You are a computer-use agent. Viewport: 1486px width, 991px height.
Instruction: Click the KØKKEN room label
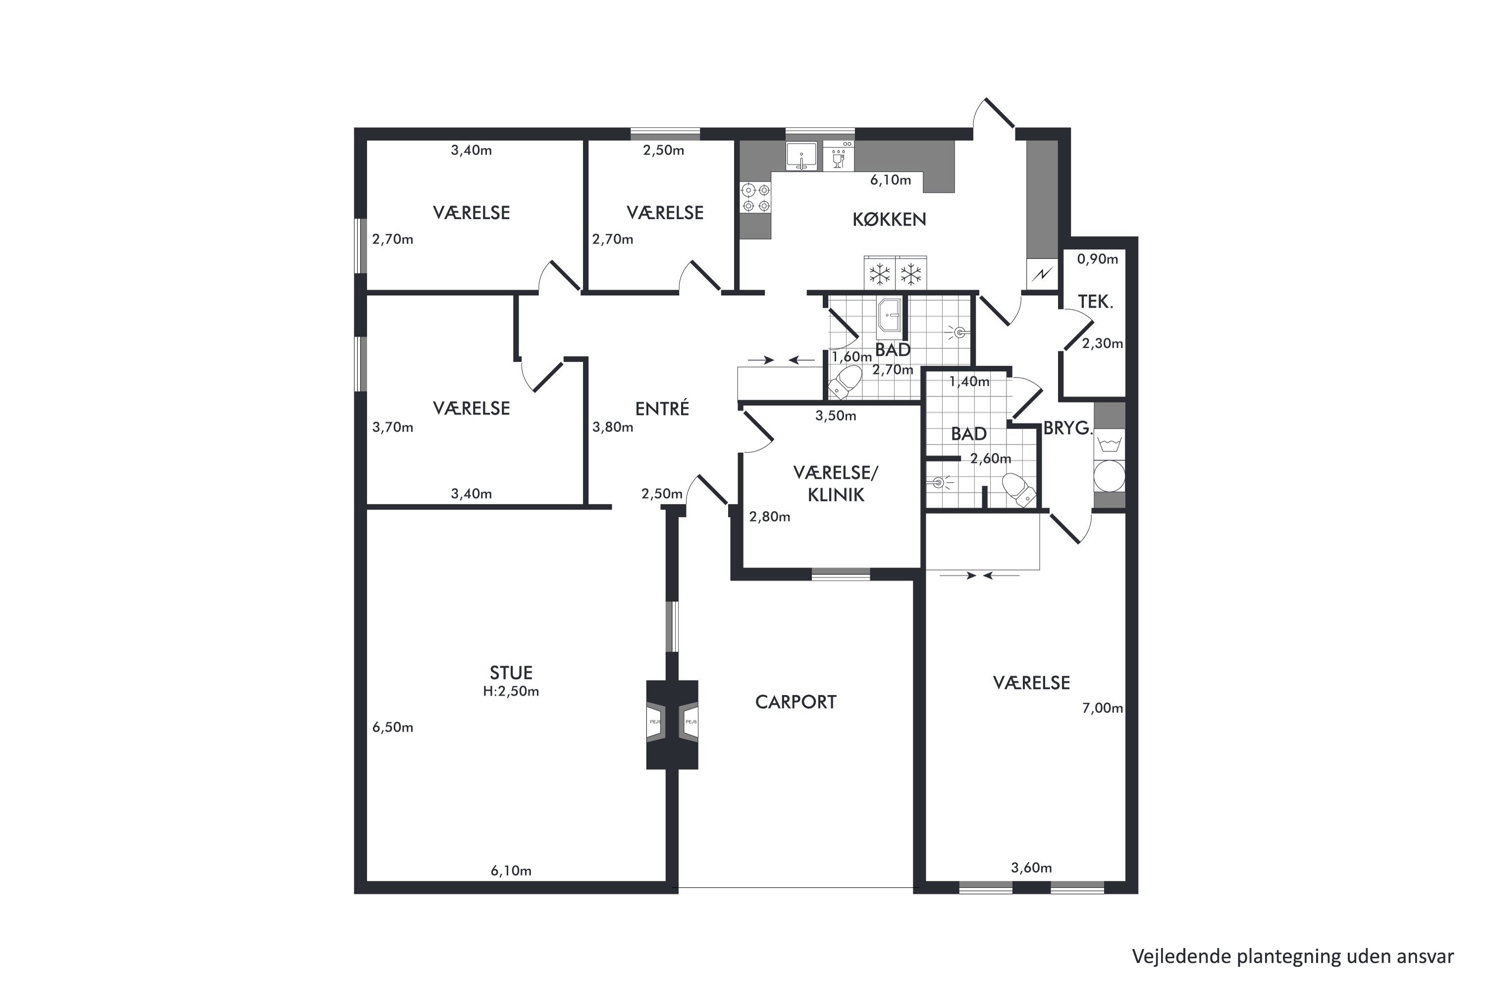889,220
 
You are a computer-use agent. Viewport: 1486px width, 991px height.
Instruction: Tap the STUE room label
511,672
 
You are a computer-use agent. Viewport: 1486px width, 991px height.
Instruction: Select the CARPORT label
796,702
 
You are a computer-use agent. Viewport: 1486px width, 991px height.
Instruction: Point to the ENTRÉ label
662,408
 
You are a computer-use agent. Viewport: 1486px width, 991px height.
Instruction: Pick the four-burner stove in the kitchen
756,197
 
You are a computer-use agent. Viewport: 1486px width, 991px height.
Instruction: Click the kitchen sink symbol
801,156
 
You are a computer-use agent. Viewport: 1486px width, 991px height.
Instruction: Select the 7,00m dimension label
1103,708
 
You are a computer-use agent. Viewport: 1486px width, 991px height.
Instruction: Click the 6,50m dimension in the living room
392,727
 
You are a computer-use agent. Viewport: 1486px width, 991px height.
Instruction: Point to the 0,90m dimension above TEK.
1098,259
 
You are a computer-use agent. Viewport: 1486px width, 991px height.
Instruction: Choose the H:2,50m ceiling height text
511,691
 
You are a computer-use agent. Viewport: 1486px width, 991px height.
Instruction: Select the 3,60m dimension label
1032,868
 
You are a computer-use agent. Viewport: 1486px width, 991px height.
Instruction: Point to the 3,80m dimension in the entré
612,427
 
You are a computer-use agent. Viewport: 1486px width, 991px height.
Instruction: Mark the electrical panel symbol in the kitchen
1043,275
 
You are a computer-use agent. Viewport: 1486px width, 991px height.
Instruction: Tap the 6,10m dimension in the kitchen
890,180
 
